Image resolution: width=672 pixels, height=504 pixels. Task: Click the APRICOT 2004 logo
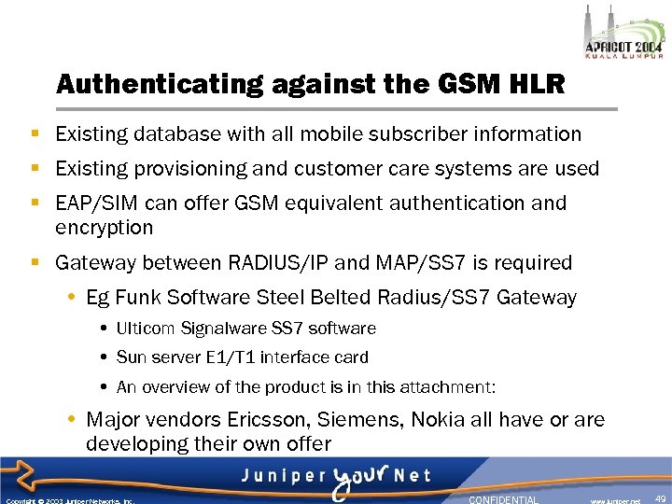point(622,37)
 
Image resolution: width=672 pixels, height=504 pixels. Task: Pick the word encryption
point(104,228)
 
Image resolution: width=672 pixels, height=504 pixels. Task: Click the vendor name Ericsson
point(275,420)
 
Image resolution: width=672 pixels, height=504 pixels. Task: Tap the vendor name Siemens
point(366,420)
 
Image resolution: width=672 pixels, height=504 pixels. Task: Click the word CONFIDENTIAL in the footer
point(503,499)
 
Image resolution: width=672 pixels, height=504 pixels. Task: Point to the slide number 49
point(660,498)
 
